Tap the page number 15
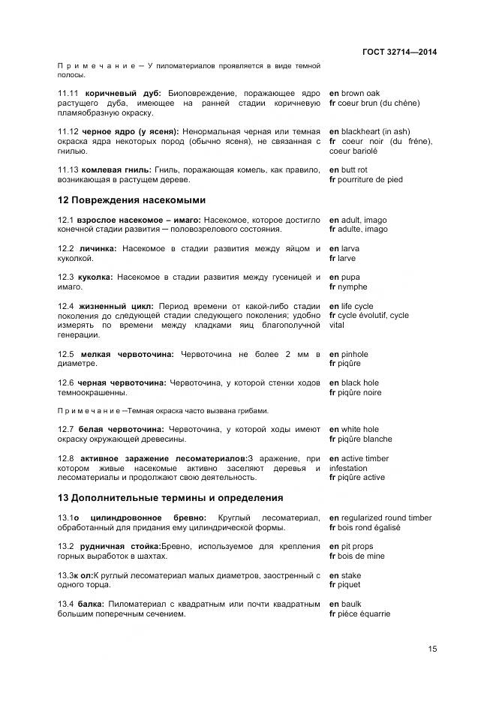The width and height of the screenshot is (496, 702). [431, 649]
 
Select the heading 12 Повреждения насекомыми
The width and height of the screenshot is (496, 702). [131, 200]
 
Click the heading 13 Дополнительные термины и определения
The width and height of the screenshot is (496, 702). [160, 497]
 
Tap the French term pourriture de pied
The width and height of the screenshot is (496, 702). [371, 180]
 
